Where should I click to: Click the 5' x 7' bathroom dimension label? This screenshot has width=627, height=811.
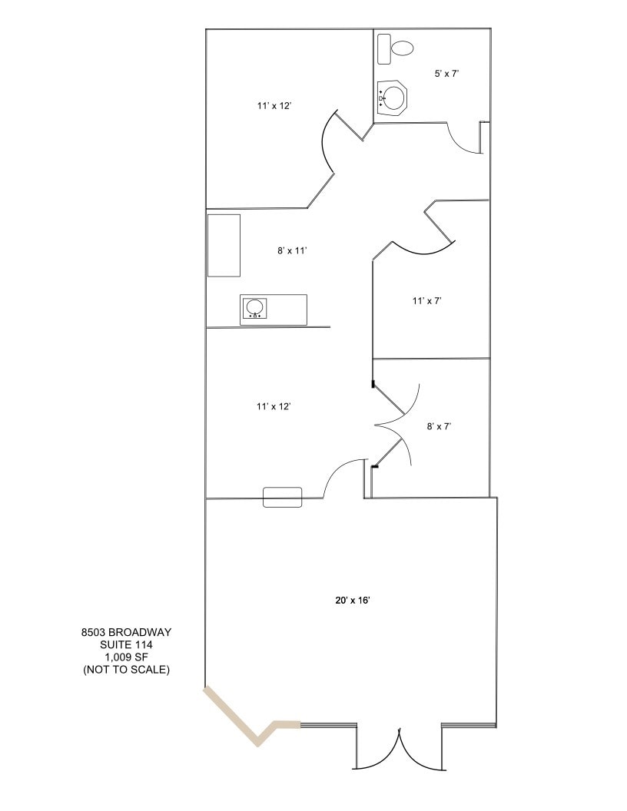click(x=447, y=74)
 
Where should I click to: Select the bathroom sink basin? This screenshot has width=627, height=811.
click(x=394, y=98)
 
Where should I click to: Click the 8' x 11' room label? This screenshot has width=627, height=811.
click(x=292, y=250)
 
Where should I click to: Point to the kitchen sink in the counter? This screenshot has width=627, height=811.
click(x=255, y=309)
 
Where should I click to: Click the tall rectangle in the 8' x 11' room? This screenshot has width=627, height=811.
click(x=224, y=246)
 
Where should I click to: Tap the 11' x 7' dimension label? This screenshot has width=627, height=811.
click(x=426, y=301)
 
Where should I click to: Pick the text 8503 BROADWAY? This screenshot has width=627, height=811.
click(x=126, y=633)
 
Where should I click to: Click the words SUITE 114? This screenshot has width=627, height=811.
click(x=126, y=645)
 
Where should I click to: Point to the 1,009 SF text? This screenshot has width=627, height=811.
click(x=126, y=657)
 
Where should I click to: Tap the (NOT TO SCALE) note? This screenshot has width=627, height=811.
click(x=126, y=670)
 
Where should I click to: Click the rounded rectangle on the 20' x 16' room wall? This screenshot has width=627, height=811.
click(x=283, y=497)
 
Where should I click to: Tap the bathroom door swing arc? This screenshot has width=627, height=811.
click(x=461, y=142)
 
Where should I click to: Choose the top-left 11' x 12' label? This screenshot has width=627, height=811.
click(x=274, y=106)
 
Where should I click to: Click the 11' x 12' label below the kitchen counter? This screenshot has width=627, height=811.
click(x=274, y=406)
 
